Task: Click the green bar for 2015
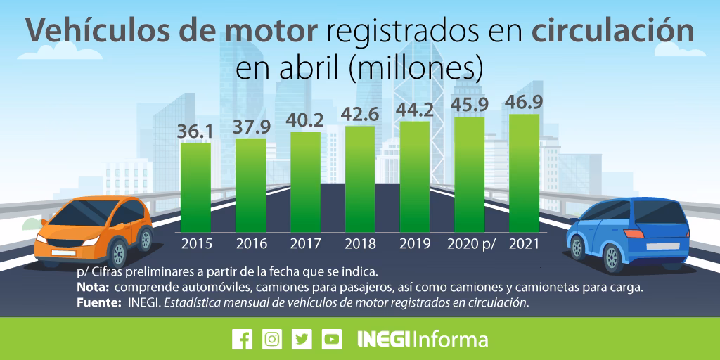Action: pos(195,187)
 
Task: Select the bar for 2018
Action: pos(360,179)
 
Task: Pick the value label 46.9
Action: pos(525,103)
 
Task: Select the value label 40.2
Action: pos(305,121)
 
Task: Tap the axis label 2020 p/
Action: pos(471,244)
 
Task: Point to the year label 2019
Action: pos(415,244)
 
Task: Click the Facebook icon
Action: pos(242,339)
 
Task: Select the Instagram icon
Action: pos(272,339)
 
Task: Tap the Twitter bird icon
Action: pos(302,339)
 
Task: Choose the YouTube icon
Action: pos(332,339)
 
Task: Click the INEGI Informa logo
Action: pos(422,339)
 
